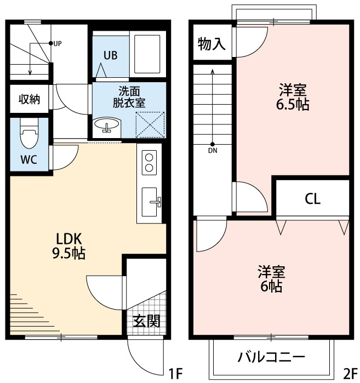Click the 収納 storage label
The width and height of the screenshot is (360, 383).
(30, 99)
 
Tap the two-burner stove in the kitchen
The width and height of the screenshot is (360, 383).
(150, 163)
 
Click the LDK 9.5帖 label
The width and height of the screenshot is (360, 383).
(70, 245)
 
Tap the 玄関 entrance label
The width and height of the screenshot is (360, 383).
(147, 321)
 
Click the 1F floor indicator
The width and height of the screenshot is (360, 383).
(175, 374)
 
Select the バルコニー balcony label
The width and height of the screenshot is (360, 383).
(271, 357)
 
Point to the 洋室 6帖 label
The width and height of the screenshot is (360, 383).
(271, 279)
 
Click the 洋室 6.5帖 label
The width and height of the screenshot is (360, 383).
(293, 97)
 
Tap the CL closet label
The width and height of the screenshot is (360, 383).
(312, 198)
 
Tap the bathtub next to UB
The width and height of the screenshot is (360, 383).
(146, 54)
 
